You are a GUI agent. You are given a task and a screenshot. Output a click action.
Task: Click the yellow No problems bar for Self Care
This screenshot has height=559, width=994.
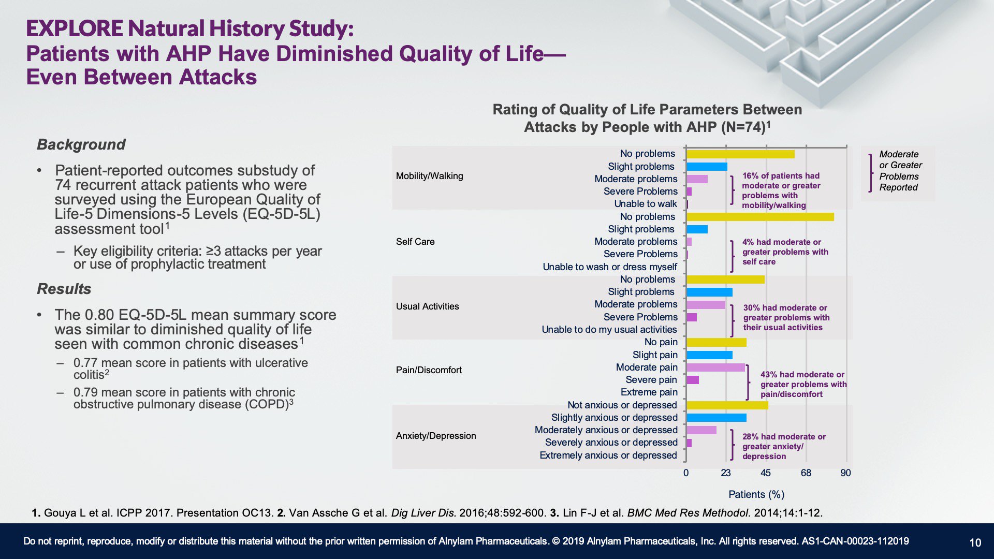point(760,217)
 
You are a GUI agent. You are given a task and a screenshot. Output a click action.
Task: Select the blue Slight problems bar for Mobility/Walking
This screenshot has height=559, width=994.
point(707,167)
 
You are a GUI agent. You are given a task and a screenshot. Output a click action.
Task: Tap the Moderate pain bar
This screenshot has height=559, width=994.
point(715,367)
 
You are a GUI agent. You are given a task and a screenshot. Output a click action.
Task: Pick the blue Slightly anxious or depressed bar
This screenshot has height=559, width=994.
point(717,418)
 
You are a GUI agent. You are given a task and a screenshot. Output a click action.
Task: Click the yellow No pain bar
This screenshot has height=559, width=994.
point(717,342)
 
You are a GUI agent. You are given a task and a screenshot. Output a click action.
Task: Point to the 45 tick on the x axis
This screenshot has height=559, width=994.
point(766,473)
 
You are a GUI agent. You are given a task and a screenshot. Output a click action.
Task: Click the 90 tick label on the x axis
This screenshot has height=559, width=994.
point(845,473)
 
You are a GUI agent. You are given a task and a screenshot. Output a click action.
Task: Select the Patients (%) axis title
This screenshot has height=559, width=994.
point(756,494)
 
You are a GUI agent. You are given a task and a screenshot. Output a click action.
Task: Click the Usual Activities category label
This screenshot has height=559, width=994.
point(428,306)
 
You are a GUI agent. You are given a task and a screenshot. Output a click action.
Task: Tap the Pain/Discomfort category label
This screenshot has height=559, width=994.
point(429,370)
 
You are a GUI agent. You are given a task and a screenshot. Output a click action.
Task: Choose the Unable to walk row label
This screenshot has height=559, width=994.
point(646,204)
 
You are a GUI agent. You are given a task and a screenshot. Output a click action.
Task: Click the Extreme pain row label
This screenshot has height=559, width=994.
point(649,392)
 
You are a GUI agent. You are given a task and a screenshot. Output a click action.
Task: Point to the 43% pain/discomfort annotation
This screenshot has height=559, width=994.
point(803,384)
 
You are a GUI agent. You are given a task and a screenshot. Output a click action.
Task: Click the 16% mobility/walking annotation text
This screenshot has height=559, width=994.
point(781,190)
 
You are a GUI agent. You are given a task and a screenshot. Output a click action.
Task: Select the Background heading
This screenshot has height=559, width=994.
point(81,144)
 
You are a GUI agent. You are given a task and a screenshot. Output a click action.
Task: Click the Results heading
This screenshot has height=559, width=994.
point(64,289)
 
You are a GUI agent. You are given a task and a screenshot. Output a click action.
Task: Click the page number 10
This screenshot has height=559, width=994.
point(975,542)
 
